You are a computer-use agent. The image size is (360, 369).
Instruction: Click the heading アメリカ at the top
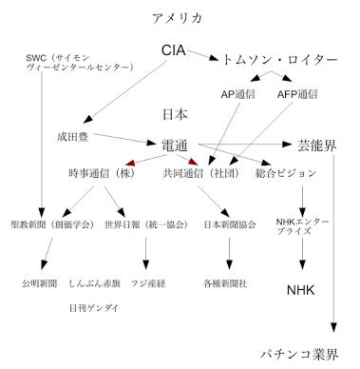click(178, 18)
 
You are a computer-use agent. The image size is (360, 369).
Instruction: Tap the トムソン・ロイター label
click(278, 59)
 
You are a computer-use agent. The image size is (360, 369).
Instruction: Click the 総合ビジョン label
click(289, 174)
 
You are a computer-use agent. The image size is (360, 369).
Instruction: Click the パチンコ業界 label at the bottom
click(300, 355)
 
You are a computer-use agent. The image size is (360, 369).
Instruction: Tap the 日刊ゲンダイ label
click(95, 308)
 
